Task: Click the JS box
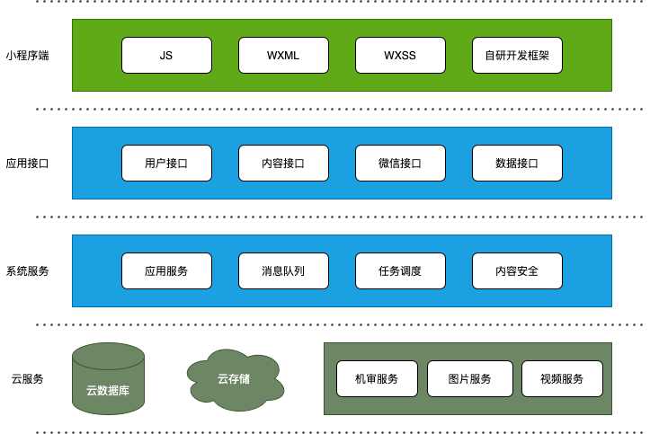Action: (166, 56)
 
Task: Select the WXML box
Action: (283, 56)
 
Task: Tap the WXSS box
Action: (400, 56)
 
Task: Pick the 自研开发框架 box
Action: (517, 56)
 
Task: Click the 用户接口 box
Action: (166, 164)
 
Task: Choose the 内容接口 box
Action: (283, 164)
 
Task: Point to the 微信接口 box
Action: (400, 164)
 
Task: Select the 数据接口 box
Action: (517, 164)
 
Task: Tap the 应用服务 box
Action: (166, 270)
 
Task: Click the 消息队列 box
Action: (283, 270)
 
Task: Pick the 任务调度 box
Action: (400, 270)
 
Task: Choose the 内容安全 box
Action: (517, 270)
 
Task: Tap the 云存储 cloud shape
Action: (235, 380)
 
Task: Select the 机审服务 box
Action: (378, 378)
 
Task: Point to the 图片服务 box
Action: (470, 378)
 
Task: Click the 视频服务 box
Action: (562, 378)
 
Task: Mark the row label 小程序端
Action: (27, 56)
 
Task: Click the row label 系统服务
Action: (27, 271)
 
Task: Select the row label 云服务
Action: (27, 379)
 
